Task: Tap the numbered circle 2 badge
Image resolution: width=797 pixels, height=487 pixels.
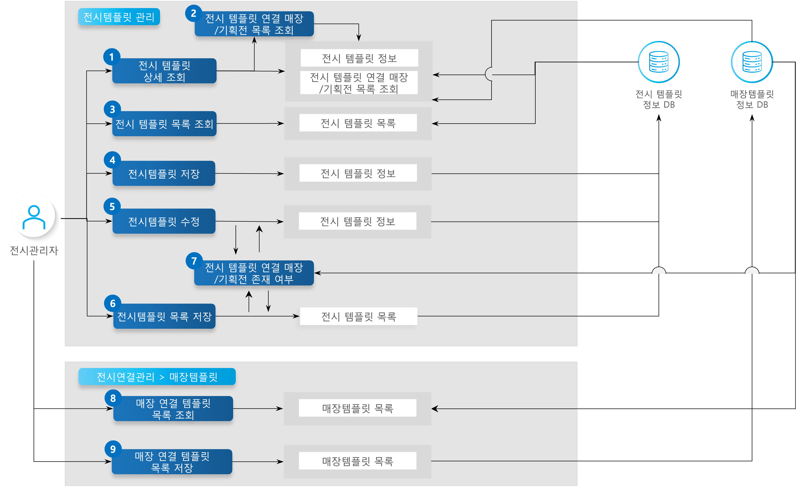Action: pyautogui.click(x=193, y=13)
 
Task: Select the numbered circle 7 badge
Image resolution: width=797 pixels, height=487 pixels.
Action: pyautogui.click(x=194, y=261)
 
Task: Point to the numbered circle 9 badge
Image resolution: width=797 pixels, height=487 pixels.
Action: pyautogui.click(x=113, y=449)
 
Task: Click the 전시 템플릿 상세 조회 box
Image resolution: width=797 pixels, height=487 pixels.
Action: pyautogui.click(x=164, y=71)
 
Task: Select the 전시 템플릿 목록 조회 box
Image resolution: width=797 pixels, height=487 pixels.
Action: pyautogui.click(x=164, y=124)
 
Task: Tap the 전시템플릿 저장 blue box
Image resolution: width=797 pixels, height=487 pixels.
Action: pyautogui.click(x=164, y=174)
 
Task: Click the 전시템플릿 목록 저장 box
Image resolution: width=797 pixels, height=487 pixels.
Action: pyautogui.click(x=164, y=316)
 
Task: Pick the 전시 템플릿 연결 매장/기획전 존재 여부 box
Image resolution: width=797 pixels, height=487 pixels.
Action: pyautogui.click(x=254, y=273)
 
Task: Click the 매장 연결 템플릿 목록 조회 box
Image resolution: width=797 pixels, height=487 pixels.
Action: pyautogui.click(x=173, y=409)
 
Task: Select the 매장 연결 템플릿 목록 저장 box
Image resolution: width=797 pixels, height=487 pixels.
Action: pyautogui.click(x=172, y=461)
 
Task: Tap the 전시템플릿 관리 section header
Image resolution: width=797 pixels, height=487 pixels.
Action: pyautogui.click(x=119, y=17)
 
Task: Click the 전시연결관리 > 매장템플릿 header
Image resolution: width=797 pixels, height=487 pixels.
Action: pyautogui.click(x=157, y=376)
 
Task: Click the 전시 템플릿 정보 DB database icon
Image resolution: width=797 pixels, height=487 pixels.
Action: pyautogui.click(x=659, y=62)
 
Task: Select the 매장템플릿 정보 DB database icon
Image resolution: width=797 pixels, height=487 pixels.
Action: pyautogui.click(x=752, y=62)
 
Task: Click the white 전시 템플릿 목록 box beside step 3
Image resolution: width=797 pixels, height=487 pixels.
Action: pyautogui.click(x=358, y=123)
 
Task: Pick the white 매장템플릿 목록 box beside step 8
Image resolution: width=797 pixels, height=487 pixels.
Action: pyautogui.click(x=357, y=408)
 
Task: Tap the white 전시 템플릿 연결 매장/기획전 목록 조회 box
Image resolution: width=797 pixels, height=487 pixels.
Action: pyautogui.click(x=359, y=83)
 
